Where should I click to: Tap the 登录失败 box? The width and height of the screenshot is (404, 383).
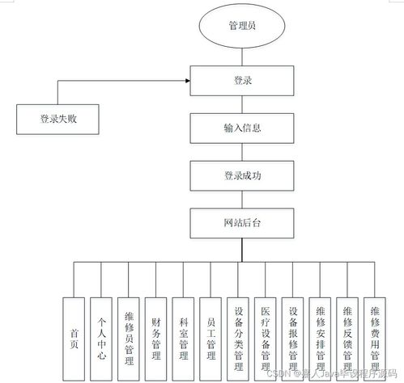(57, 119)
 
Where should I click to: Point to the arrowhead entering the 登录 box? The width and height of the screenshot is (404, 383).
(187, 81)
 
